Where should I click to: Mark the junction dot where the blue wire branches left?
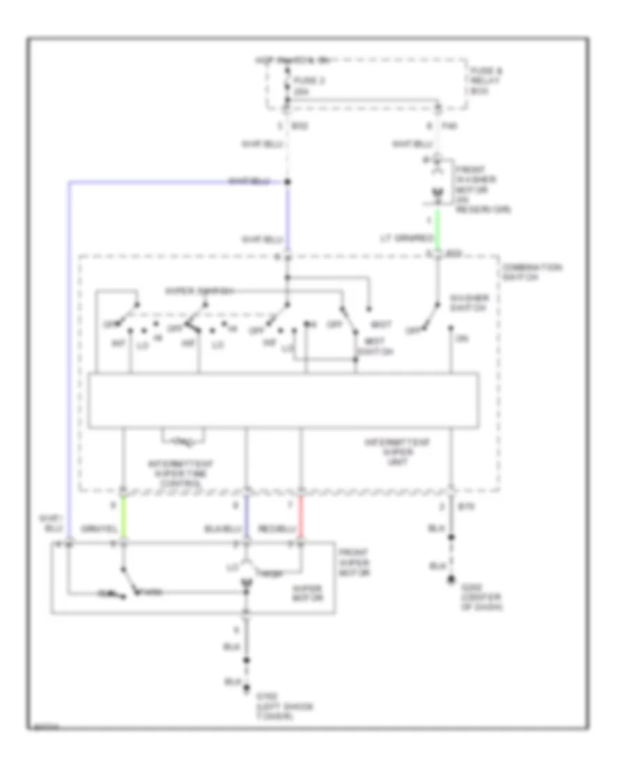[x=287, y=183]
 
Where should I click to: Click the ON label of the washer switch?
[x=460, y=339]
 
